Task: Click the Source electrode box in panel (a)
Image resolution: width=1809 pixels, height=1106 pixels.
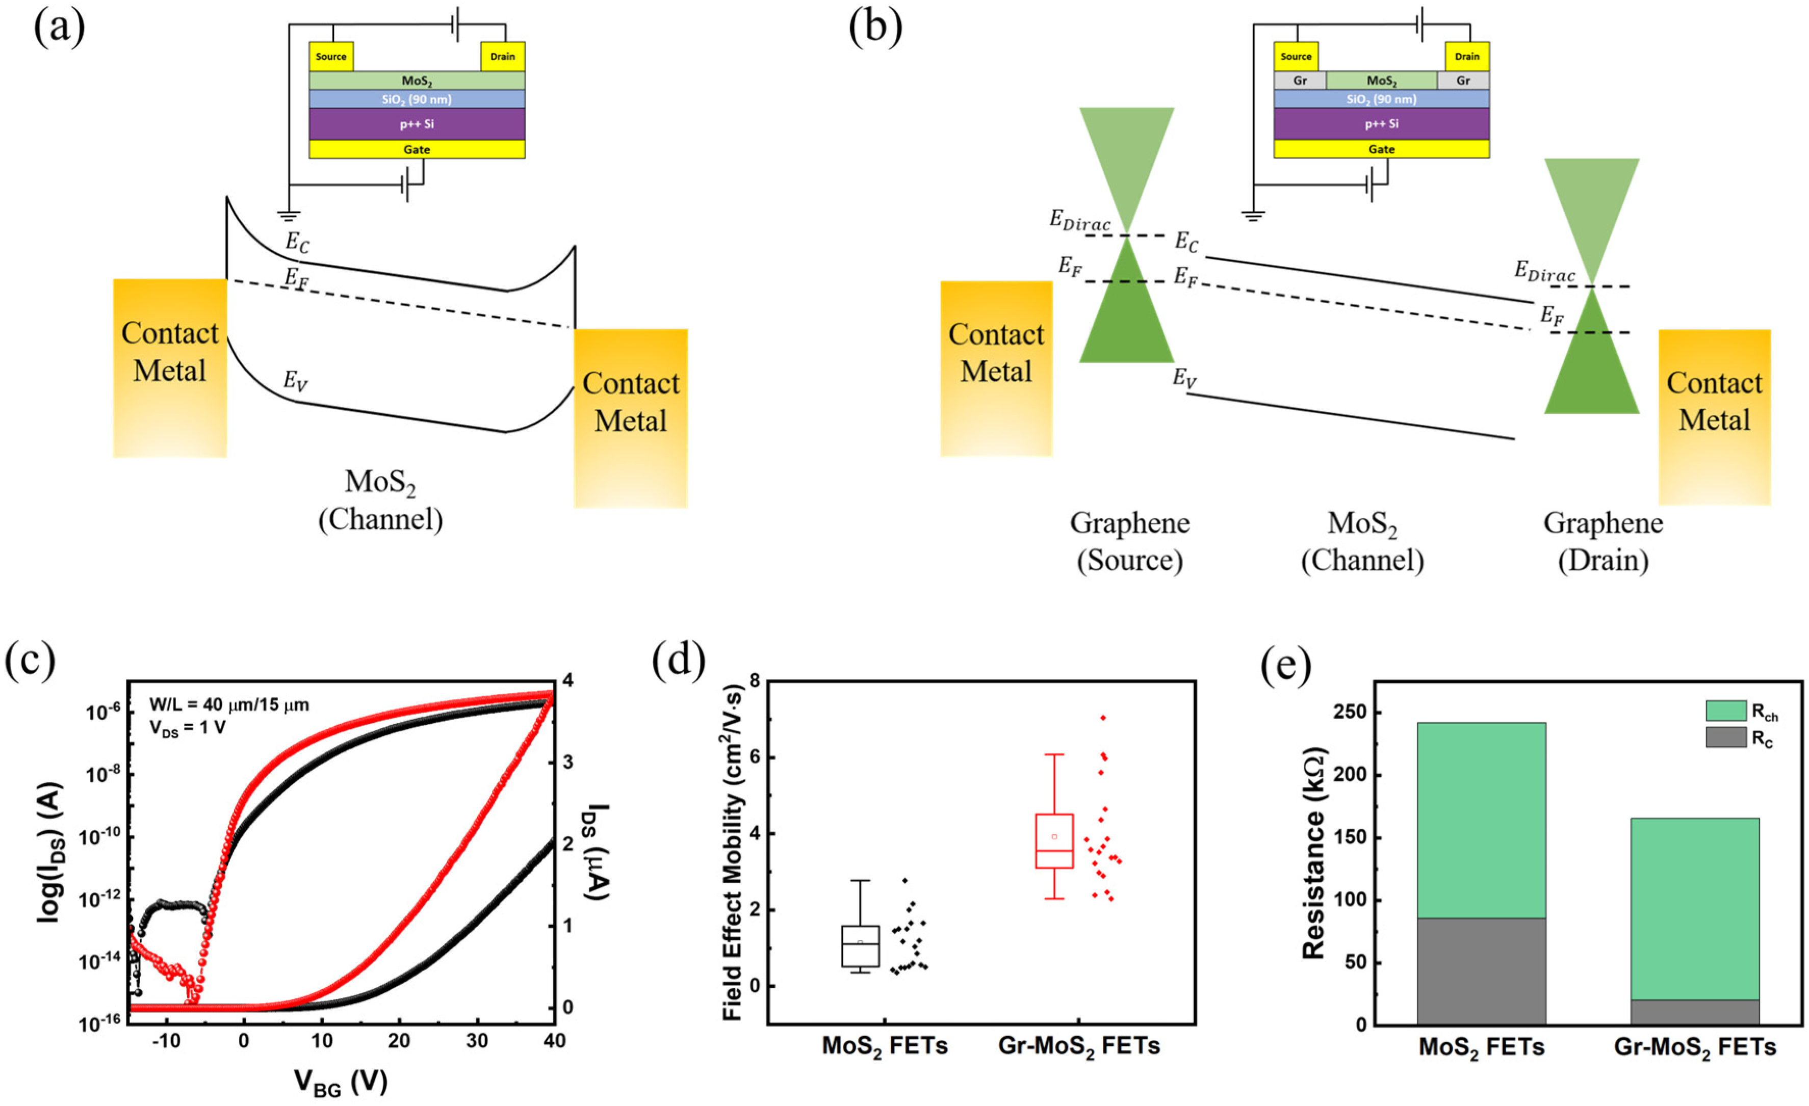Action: tap(331, 57)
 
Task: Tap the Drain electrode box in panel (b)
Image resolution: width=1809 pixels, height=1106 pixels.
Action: tap(1467, 57)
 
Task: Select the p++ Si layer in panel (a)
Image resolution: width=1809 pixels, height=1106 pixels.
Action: tap(416, 124)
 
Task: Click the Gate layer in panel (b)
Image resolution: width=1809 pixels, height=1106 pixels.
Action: tap(1381, 149)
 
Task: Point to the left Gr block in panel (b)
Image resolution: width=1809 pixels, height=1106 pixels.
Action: tap(1300, 81)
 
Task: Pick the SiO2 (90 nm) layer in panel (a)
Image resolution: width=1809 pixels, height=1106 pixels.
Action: tap(416, 99)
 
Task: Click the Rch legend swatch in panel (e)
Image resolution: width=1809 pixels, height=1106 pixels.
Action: tap(1725, 710)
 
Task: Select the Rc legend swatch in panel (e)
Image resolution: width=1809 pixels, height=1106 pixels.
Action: tap(1725, 738)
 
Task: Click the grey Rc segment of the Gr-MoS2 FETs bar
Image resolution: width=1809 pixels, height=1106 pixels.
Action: tap(1694, 1011)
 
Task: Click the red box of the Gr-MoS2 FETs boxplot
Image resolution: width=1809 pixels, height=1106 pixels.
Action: tap(1054, 841)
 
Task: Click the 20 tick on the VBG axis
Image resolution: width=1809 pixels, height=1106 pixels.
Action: tap(399, 1041)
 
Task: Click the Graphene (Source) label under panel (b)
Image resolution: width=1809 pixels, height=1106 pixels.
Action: tap(1129, 542)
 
